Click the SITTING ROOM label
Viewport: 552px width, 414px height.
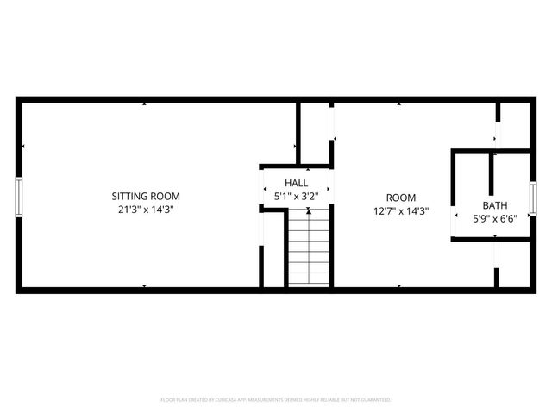146,196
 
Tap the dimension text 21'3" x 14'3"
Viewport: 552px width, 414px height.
146,209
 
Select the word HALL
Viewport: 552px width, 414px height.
297,183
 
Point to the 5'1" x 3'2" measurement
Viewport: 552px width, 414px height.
297,196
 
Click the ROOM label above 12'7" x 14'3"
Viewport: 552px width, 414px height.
400,198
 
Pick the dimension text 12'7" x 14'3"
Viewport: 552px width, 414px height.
400,210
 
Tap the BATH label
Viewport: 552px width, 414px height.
494,205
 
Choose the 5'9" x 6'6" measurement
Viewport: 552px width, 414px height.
494,218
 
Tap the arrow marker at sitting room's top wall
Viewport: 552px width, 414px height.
145,104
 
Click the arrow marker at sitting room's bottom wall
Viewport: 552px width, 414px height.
145,285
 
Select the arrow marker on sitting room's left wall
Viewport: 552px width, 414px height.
24,147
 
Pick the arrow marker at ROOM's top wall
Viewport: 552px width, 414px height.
399,104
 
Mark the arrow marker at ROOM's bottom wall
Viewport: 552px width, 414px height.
398,285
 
